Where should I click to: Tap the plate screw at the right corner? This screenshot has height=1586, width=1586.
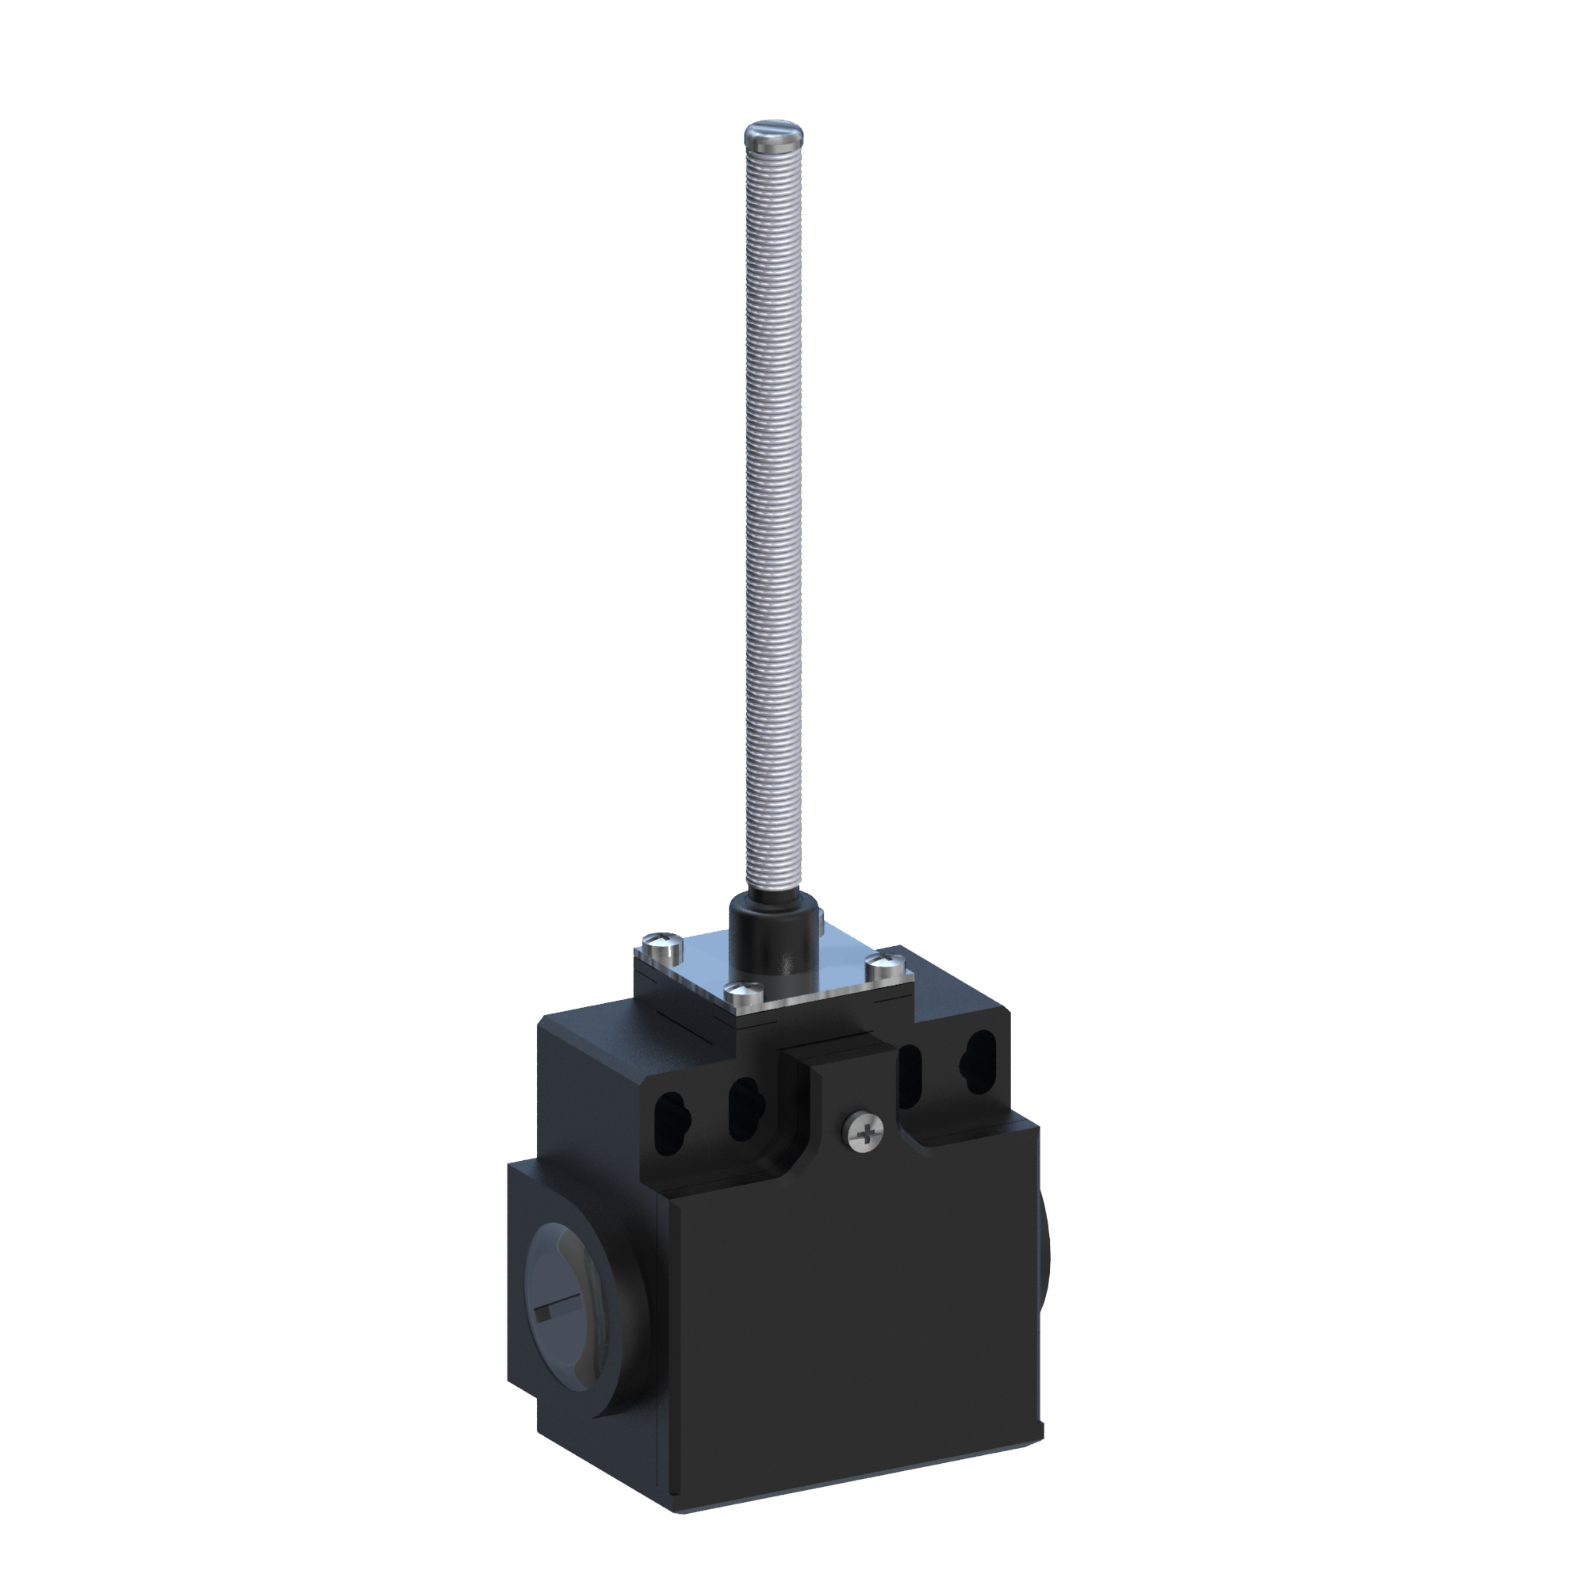coord(886,963)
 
